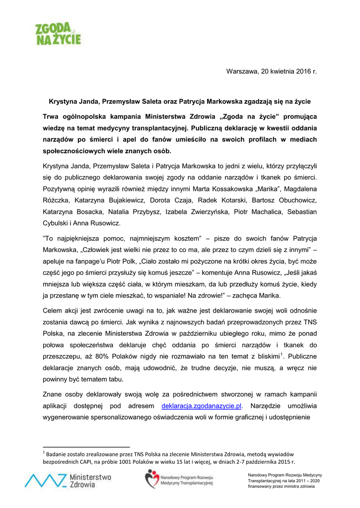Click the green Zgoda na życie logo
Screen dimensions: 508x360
(x=58, y=33)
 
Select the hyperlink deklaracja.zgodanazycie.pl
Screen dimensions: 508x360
(x=202, y=406)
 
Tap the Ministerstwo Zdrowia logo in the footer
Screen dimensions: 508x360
(x=68, y=480)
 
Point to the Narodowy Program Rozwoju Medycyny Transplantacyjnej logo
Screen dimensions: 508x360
(x=179, y=480)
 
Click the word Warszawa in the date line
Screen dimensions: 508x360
(x=242, y=71)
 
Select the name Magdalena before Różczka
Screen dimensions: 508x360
(x=296, y=189)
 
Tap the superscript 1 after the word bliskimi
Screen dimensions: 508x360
(x=282, y=354)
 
